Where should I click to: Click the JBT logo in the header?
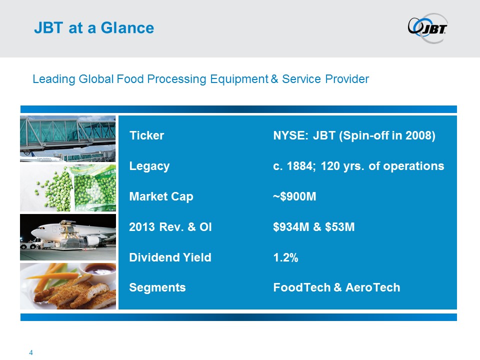427,28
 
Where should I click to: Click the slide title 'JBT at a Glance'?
94,28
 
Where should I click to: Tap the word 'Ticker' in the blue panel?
146,135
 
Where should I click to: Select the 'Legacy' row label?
149,166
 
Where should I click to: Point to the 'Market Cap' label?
161,196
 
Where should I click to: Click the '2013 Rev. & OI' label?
170,227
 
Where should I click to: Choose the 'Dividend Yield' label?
170,257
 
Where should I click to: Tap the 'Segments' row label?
157,287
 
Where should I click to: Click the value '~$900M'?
294,196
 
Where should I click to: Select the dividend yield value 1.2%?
285,257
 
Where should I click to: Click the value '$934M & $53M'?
314,227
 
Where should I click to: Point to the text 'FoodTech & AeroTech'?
336,287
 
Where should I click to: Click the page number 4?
30,352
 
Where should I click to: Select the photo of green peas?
68,188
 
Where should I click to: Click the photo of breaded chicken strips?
68,286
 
